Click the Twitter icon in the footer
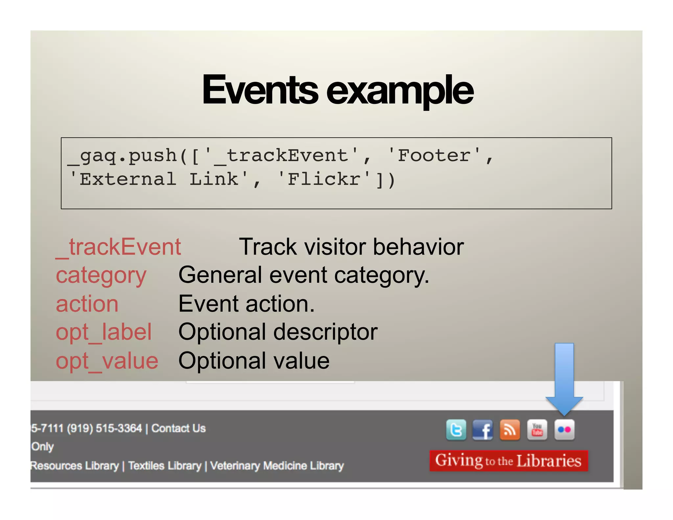(456, 430)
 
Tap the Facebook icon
(482, 430)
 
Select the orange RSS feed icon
(510, 430)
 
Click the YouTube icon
(537, 430)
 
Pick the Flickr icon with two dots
(564, 430)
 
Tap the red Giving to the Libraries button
(508, 461)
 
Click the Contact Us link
(178, 428)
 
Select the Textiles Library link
(165, 466)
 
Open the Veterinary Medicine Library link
(277, 466)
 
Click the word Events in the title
(260, 90)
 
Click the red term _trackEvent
(119, 247)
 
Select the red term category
(101, 276)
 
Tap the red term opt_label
(104, 332)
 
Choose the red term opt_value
(107, 361)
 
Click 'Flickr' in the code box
(324, 179)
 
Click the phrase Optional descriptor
(278, 332)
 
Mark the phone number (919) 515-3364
(104, 428)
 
